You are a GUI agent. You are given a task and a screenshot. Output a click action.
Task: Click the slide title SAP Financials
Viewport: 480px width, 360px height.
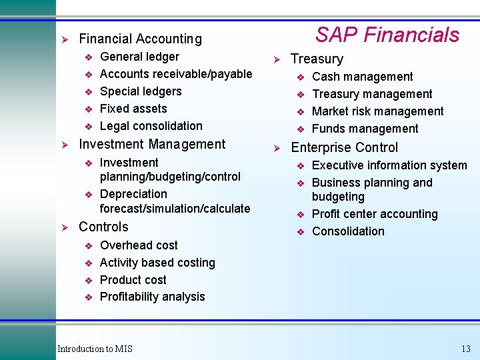(x=387, y=35)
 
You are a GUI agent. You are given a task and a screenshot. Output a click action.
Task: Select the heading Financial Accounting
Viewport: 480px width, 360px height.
(x=140, y=39)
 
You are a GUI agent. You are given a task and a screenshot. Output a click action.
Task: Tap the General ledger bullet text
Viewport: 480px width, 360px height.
(x=139, y=57)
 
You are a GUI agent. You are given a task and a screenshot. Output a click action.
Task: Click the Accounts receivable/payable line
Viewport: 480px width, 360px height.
(x=175, y=74)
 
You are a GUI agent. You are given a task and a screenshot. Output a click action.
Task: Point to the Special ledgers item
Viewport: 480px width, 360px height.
(x=140, y=91)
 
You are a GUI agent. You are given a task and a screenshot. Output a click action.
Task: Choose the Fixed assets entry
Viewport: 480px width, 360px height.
(x=133, y=109)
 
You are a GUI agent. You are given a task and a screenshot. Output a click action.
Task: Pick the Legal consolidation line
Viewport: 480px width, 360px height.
(x=151, y=126)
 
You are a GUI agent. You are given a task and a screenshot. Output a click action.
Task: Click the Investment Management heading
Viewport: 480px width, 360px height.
(x=152, y=144)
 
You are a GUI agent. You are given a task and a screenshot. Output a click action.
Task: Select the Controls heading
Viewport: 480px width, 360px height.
(x=103, y=227)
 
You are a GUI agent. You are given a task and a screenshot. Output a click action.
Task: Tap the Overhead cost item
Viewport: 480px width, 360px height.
(x=139, y=245)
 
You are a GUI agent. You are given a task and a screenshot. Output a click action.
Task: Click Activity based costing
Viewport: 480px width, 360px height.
(x=157, y=263)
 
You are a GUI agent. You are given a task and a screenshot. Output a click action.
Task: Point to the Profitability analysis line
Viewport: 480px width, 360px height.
(x=152, y=297)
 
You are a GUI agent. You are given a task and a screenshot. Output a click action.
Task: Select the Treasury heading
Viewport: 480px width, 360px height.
(x=317, y=59)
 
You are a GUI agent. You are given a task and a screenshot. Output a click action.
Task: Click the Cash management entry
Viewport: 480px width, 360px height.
(x=362, y=77)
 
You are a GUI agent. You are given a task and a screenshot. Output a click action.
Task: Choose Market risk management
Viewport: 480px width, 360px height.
(x=377, y=111)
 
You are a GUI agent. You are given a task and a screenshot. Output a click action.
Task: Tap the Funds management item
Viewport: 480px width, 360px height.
(x=365, y=129)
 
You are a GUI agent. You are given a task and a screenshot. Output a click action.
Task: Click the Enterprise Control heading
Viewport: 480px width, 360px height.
(x=344, y=147)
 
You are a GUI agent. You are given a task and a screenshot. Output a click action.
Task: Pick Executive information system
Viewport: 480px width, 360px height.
(x=389, y=165)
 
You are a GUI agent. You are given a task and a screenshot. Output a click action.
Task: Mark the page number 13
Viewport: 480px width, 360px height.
(x=465, y=349)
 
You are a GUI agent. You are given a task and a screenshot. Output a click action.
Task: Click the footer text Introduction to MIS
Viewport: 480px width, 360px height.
(x=95, y=349)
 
